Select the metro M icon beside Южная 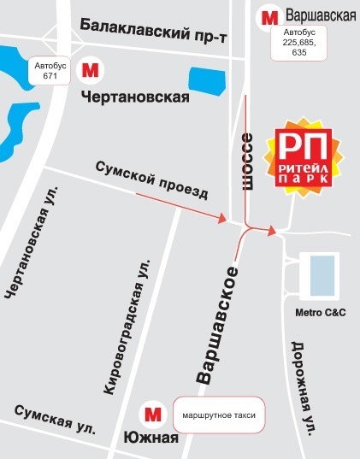154,415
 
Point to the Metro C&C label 319,312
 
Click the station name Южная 155,439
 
